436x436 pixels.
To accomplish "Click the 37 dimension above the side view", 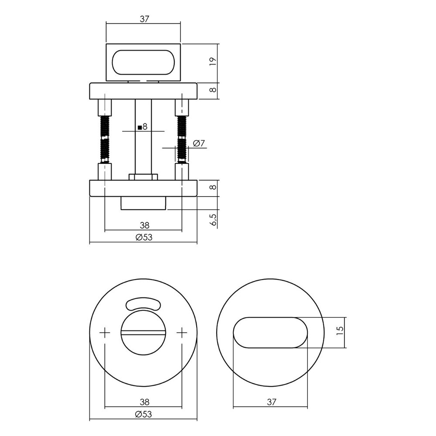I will [x=144, y=19].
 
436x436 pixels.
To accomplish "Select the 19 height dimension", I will [x=212, y=62].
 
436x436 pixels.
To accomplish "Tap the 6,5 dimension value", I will [x=213, y=219].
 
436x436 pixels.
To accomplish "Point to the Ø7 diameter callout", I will [x=198, y=143].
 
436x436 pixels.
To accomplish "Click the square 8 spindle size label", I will [x=143, y=127].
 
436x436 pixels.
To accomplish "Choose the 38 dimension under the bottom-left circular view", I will [x=144, y=402].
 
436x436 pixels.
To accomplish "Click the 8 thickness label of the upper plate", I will [x=212, y=90].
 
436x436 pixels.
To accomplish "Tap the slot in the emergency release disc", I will [x=143, y=334].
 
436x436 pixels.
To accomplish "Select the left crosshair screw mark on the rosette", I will [x=105, y=334].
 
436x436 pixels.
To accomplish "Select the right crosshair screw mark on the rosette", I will [x=182, y=334].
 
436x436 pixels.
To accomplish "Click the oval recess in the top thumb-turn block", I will [x=144, y=62].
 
